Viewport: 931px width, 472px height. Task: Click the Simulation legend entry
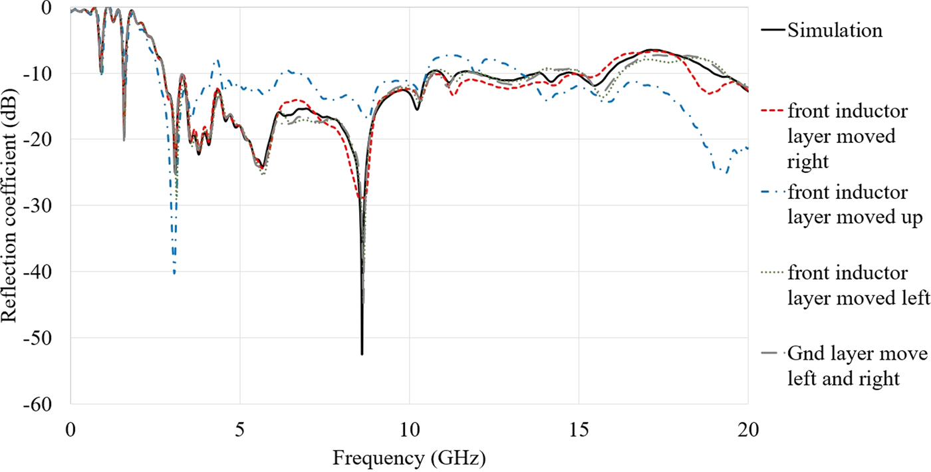835,31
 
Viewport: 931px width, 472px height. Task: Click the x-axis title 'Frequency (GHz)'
408,459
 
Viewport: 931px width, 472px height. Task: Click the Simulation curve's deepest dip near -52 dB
362,354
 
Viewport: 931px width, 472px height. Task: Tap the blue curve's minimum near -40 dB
174,273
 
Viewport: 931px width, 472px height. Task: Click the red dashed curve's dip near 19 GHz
710,94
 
